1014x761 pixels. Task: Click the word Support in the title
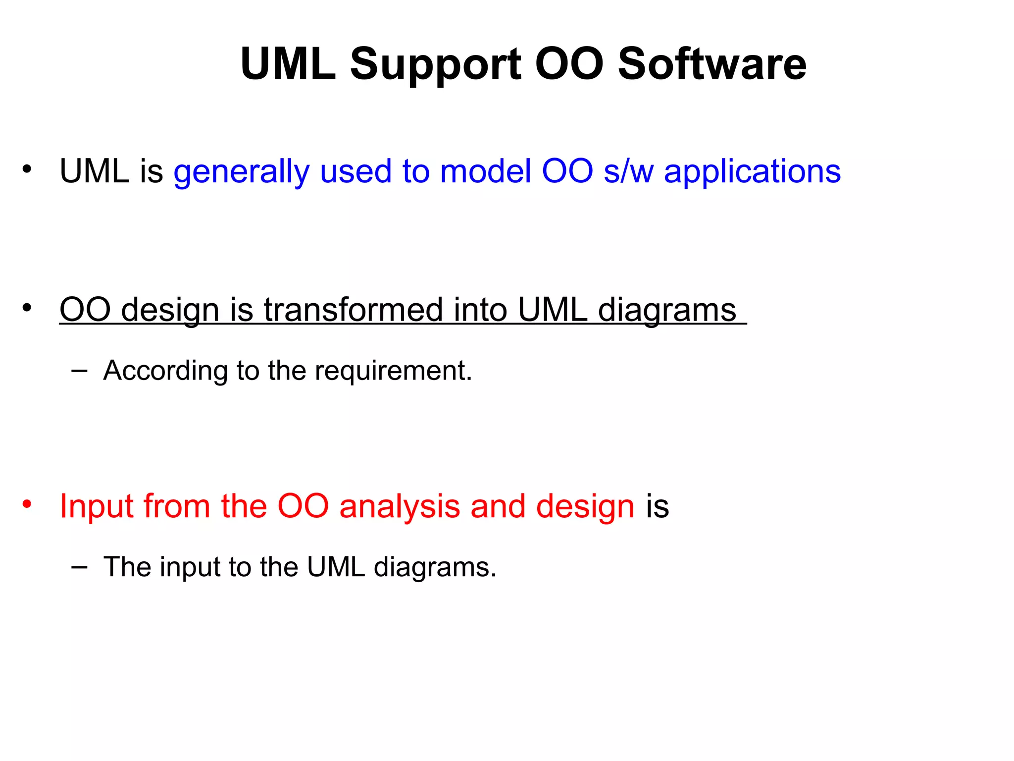(436, 64)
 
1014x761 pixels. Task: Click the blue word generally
(241, 172)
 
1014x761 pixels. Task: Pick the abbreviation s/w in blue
(628, 171)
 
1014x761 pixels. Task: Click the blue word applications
(752, 172)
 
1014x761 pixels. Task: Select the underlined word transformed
(353, 310)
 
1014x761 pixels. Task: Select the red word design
(585, 506)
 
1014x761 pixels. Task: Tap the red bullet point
(27, 504)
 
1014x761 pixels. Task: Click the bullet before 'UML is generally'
(27, 169)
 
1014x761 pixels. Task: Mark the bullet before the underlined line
(27, 307)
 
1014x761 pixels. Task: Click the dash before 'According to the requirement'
(79, 370)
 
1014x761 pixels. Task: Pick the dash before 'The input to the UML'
(79, 566)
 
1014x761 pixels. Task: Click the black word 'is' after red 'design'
(657, 506)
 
